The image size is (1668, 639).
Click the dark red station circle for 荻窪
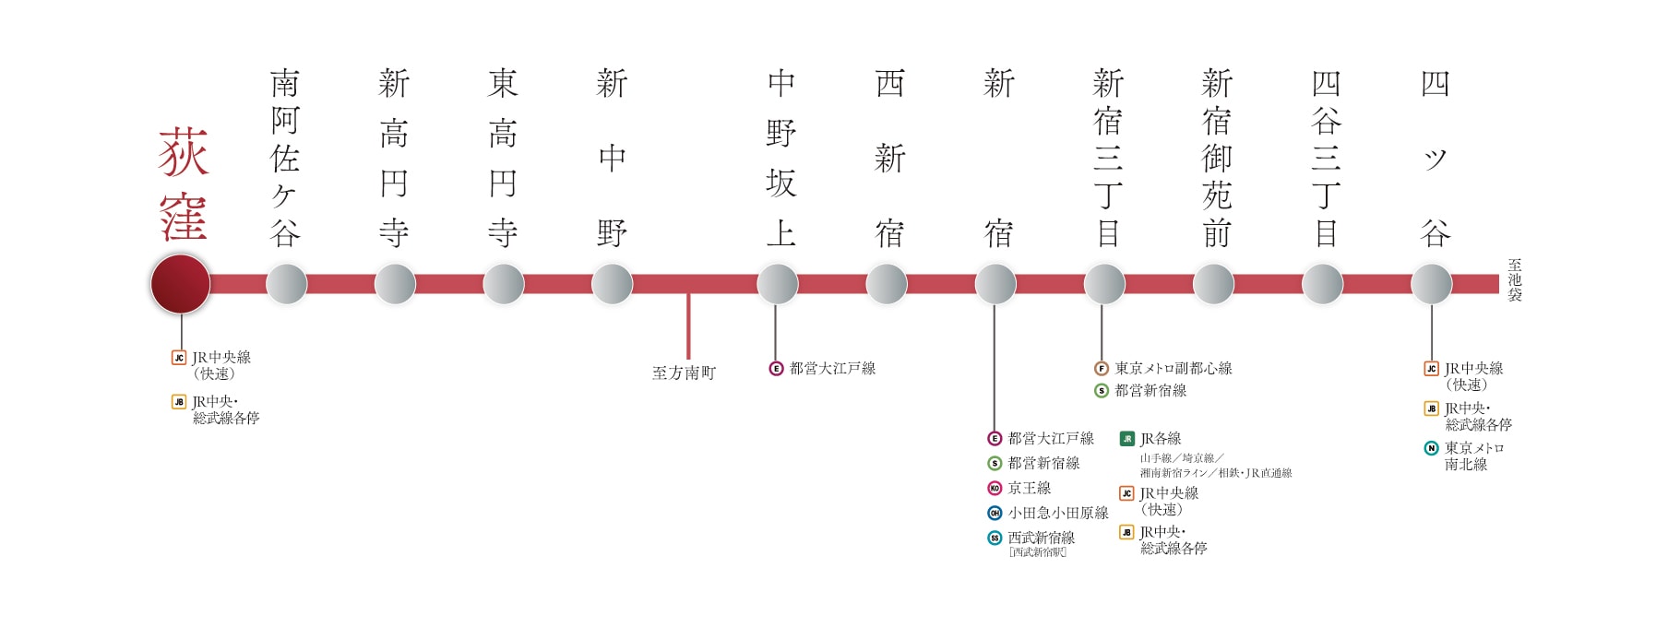pyautogui.click(x=181, y=284)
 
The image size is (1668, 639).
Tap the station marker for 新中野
pyautogui.click(x=612, y=284)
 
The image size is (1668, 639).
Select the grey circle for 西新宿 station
pyautogui.click(x=887, y=284)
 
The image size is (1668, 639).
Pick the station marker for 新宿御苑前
pyautogui.click(x=1213, y=284)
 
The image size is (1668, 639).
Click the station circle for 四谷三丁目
pyautogui.click(x=1322, y=284)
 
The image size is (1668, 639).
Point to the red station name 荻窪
pyautogui.click(x=184, y=184)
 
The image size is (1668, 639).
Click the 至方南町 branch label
pyautogui.click(x=684, y=373)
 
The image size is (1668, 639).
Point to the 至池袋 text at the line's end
pyautogui.click(x=1514, y=280)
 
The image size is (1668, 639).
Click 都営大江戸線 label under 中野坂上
pyautogui.click(x=832, y=369)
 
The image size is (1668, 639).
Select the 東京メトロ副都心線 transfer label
pyautogui.click(x=1173, y=369)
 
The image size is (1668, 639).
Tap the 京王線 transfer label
pyautogui.click(x=1029, y=488)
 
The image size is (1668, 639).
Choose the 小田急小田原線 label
pyautogui.click(x=1057, y=513)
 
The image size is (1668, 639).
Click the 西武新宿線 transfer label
pyautogui.click(x=1041, y=538)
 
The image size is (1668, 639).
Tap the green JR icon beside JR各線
pyautogui.click(x=1126, y=439)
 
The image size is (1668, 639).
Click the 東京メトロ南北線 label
pyautogui.click(x=1473, y=456)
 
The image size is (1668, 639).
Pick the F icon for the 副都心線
pyautogui.click(x=1101, y=369)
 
